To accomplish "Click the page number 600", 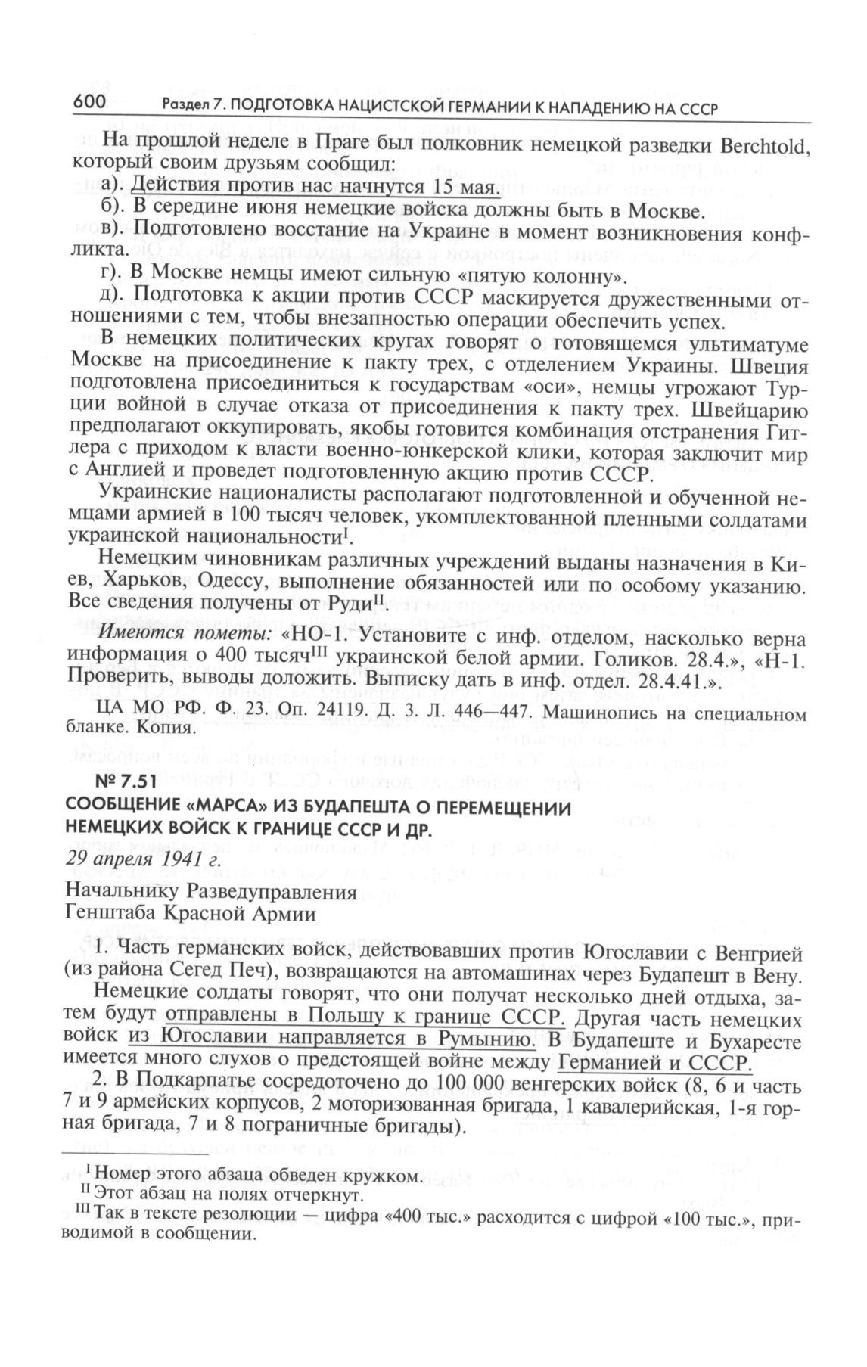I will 92,104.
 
